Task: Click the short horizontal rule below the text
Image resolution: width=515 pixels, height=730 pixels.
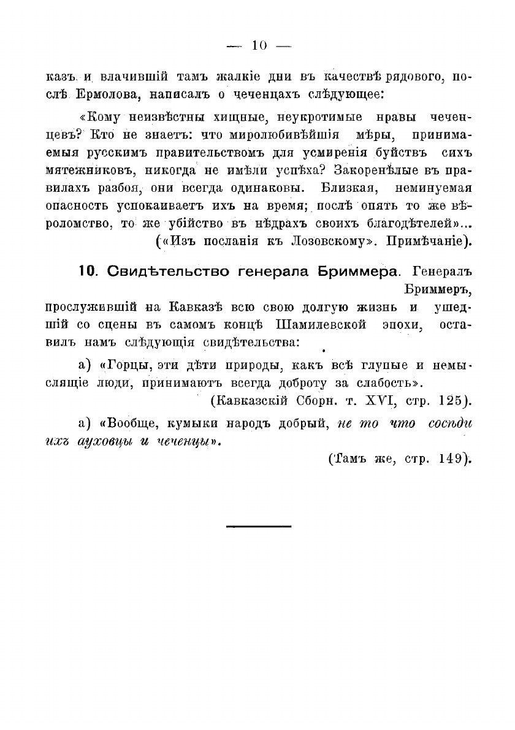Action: pyautogui.click(x=258, y=526)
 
